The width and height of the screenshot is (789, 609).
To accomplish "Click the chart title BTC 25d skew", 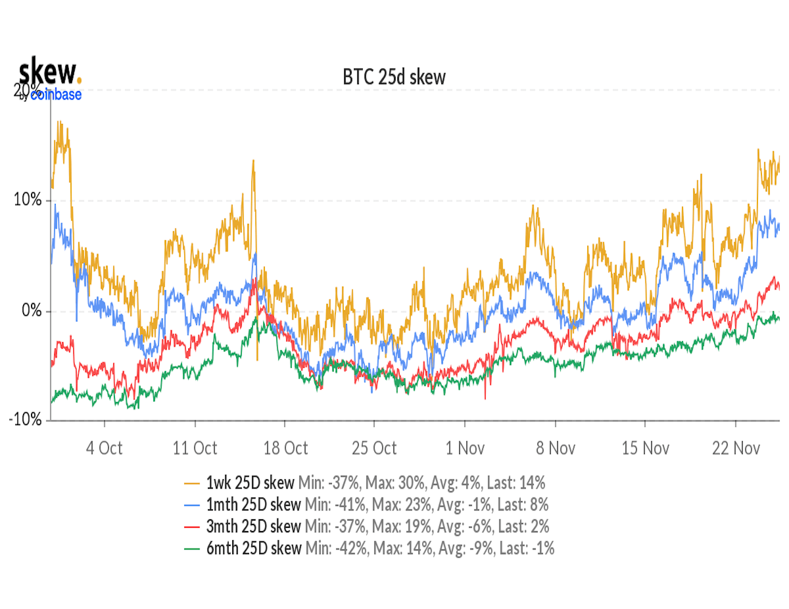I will coord(394,77).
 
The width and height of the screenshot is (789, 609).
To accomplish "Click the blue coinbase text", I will coord(56,95).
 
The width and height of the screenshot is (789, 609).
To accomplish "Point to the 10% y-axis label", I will coord(28,200).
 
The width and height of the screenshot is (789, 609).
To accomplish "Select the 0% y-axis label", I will coord(32,310).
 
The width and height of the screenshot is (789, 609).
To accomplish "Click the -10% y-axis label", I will coord(25,420).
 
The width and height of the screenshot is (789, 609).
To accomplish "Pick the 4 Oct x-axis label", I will coord(104,448).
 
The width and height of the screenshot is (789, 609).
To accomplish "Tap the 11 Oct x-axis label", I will coord(195,448).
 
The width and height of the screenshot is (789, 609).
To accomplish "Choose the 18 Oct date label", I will coord(286,448).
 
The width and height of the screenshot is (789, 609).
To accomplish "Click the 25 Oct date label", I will coord(374,448).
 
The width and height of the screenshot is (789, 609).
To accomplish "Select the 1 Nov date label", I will coord(465,448).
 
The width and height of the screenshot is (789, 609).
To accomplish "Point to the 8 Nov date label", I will coord(556,448).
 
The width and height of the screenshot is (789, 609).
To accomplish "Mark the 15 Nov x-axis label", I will coord(645,448).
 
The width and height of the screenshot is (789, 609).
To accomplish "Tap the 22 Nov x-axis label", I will coord(736,448).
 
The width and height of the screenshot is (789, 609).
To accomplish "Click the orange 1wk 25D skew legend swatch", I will coord(192,483).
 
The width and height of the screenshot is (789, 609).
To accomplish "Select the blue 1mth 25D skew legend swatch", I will coord(192,505).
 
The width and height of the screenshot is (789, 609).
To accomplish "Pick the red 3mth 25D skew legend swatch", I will coord(192,527).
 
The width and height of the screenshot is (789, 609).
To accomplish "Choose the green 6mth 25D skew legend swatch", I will coord(192,549).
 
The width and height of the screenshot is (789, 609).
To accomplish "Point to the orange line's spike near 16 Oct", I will coord(254,162).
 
